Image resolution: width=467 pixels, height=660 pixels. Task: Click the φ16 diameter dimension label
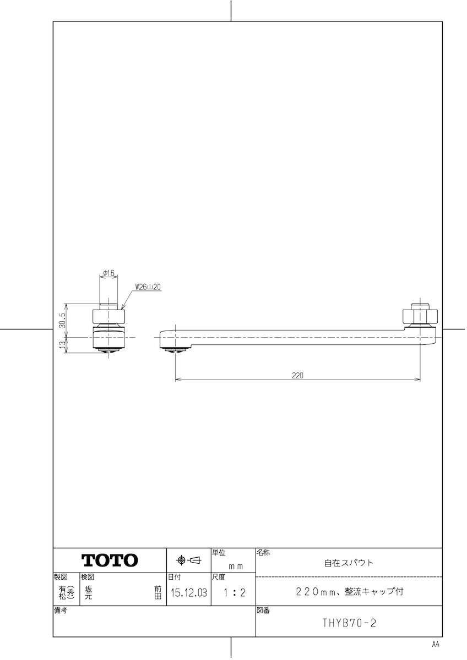pos(108,272)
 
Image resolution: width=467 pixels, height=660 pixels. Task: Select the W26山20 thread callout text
pos(148,287)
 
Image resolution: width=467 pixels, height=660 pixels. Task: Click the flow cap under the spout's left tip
pos(176,350)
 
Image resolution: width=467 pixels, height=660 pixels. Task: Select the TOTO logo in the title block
pos(110,560)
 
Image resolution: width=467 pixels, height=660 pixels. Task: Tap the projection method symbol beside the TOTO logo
pos(188,560)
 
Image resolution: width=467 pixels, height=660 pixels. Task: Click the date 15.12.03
pos(188,593)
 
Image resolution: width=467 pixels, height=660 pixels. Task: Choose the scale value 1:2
pos(233,593)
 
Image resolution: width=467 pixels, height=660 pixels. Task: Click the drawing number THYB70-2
pos(349,624)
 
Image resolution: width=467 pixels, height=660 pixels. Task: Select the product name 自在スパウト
pos(349,563)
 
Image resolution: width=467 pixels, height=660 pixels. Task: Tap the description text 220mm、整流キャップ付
pos(350,592)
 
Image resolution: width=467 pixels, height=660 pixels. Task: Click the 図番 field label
pos(263,610)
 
